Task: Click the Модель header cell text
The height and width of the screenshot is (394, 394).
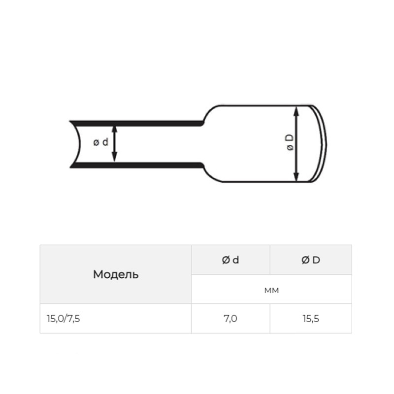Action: pos(116,274)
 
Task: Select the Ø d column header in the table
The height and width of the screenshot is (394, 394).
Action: pos(230,260)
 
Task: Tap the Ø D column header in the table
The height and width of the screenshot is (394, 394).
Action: pos(311,260)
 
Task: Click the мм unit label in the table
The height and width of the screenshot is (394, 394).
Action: pos(272,291)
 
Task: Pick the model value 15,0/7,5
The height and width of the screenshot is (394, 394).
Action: pos(64,319)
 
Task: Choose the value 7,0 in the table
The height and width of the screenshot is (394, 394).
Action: pos(230,319)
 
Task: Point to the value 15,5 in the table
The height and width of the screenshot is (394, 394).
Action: pos(311,319)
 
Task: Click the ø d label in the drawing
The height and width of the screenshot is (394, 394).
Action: pos(100,142)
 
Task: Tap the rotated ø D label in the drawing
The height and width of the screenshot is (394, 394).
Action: pos(290,142)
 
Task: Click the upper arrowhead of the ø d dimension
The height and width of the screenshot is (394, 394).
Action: pos(114,129)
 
